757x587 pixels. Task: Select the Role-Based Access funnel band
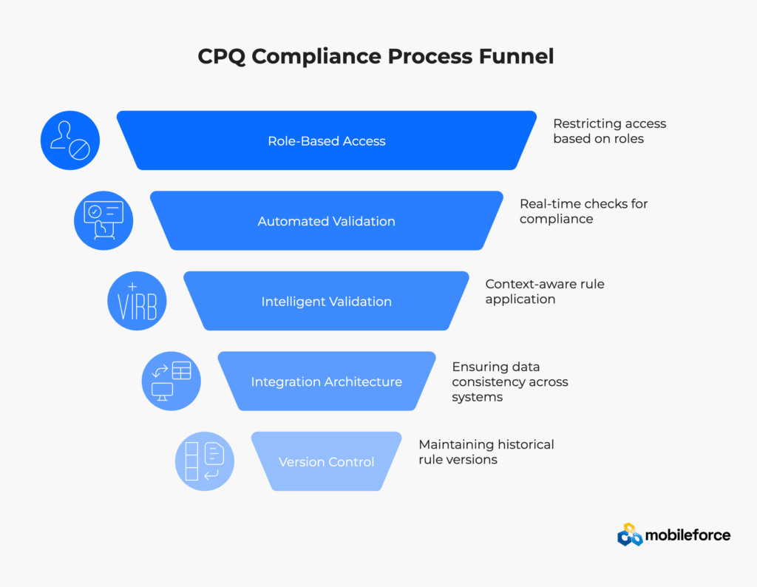326,140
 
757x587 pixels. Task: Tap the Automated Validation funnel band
326,221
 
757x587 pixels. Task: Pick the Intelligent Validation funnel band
326,302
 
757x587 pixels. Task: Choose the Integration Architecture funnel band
326,381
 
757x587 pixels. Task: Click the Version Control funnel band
326,462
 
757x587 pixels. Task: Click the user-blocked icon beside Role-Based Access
69,140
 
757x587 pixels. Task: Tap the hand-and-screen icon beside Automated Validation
103,220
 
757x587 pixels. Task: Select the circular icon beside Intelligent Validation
137,301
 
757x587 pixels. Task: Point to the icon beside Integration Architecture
171,381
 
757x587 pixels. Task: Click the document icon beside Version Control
205,461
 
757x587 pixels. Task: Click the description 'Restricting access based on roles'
609,131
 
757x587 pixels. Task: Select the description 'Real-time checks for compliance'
583,211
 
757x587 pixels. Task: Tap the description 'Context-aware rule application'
544,291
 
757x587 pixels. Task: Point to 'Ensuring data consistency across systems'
509,381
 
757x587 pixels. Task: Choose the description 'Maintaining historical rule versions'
486,452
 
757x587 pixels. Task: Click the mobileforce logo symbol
630,535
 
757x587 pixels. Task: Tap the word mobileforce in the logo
688,535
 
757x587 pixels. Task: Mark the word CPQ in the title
222,57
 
